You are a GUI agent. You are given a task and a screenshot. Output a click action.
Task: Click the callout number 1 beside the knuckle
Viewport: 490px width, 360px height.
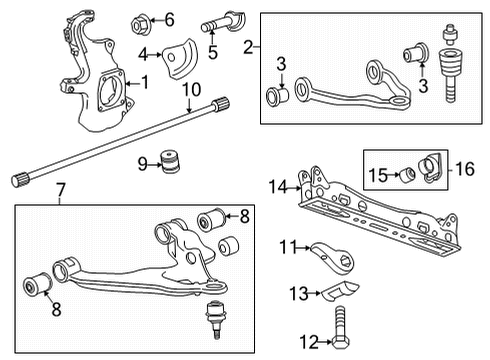click(x=145, y=81)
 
